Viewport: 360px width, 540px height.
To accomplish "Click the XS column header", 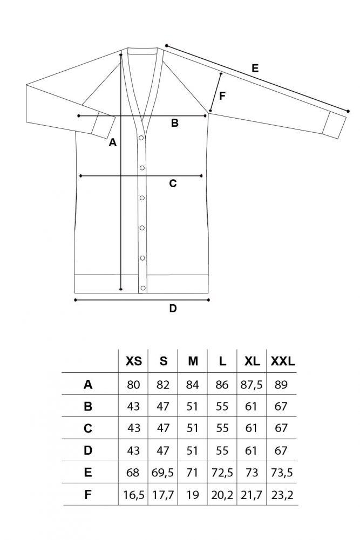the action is click(x=134, y=361).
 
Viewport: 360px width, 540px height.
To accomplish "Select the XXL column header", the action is click(x=283, y=361).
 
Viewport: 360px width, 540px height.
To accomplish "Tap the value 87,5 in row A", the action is click(x=252, y=384).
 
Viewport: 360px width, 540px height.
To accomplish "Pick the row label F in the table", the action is click(x=88, y=495).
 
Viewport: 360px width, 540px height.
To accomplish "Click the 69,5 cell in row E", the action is click(x=162, y=473).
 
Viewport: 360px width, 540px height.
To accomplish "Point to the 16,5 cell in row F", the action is click(x=134, y=495).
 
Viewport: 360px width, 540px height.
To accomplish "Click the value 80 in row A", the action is click(x=133, y=384).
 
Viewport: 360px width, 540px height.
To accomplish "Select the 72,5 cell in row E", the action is click(x=222, y=473).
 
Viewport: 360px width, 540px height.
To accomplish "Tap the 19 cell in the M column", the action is click(x=193, y=495).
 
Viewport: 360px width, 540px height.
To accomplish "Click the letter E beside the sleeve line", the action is click(x=255, y=68).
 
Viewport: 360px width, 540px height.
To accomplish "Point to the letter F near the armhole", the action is click(x=222, y=95).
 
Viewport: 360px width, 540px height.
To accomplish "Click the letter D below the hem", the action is click(x=173, y=308).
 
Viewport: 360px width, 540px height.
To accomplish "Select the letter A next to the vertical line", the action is click(x=113, y=142).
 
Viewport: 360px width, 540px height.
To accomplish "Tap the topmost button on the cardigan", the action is click(x=141, y=138).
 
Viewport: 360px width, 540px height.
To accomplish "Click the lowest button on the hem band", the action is click(x=143, y=288).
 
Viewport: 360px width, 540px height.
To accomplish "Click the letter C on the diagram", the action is click(x=173, y=183).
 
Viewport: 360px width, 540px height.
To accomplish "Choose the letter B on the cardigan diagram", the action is click(x=175, y=123).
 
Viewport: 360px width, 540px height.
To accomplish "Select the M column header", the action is click(x=193, y=361).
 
